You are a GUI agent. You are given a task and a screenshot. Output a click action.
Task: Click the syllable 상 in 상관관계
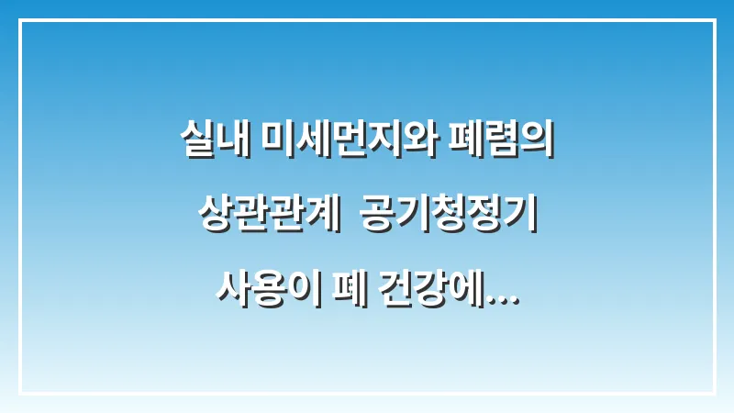click(x=214, y=218)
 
